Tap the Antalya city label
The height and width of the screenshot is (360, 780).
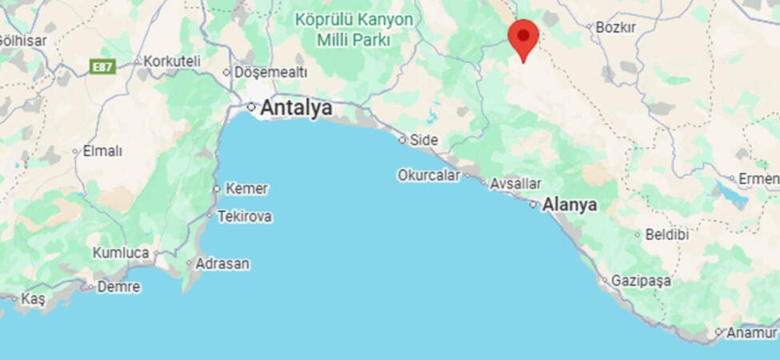[296, 108]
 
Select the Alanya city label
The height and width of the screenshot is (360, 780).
[570, 205]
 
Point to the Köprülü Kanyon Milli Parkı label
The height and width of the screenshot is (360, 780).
[354, 29]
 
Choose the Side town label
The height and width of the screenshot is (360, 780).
[423, 140]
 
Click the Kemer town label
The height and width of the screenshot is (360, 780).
[246, 189]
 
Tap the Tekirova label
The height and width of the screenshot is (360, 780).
[245, 217]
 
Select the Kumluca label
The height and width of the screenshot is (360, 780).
[121, 253]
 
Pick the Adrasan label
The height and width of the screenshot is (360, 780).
[223, 263]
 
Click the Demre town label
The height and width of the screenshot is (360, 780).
[118, 286]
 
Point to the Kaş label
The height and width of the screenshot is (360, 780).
[34, 298]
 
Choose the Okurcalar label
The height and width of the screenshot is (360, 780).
[429, 175]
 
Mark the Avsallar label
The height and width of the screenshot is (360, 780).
[515, 184]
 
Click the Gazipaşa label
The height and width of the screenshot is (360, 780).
[641, 282]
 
